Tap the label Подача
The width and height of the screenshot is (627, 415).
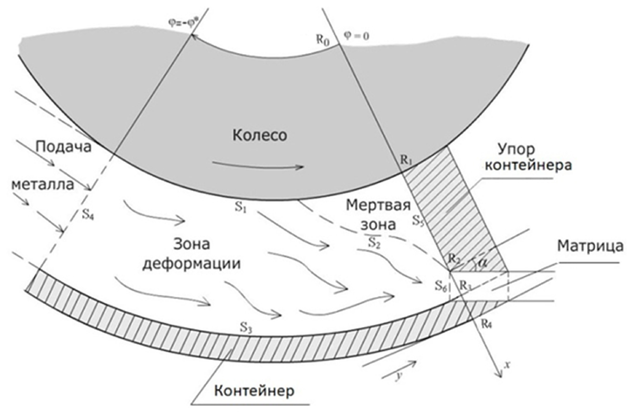pyautogui.click(x=64, y=147)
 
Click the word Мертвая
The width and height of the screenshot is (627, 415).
pyautogui.click(x=378, y=206)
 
